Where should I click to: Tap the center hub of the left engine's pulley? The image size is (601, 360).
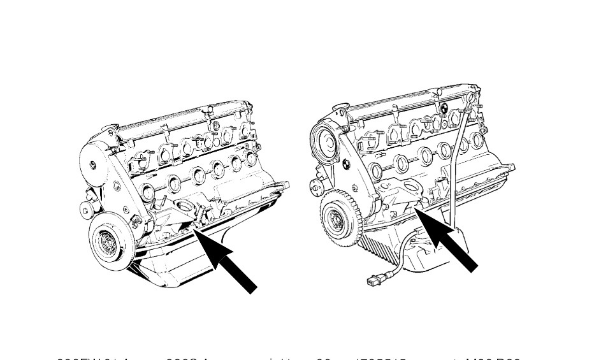click(x=108, y=241)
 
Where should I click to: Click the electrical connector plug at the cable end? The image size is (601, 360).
click(x=374, y=280)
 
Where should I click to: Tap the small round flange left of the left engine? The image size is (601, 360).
click(x=85, y=210)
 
